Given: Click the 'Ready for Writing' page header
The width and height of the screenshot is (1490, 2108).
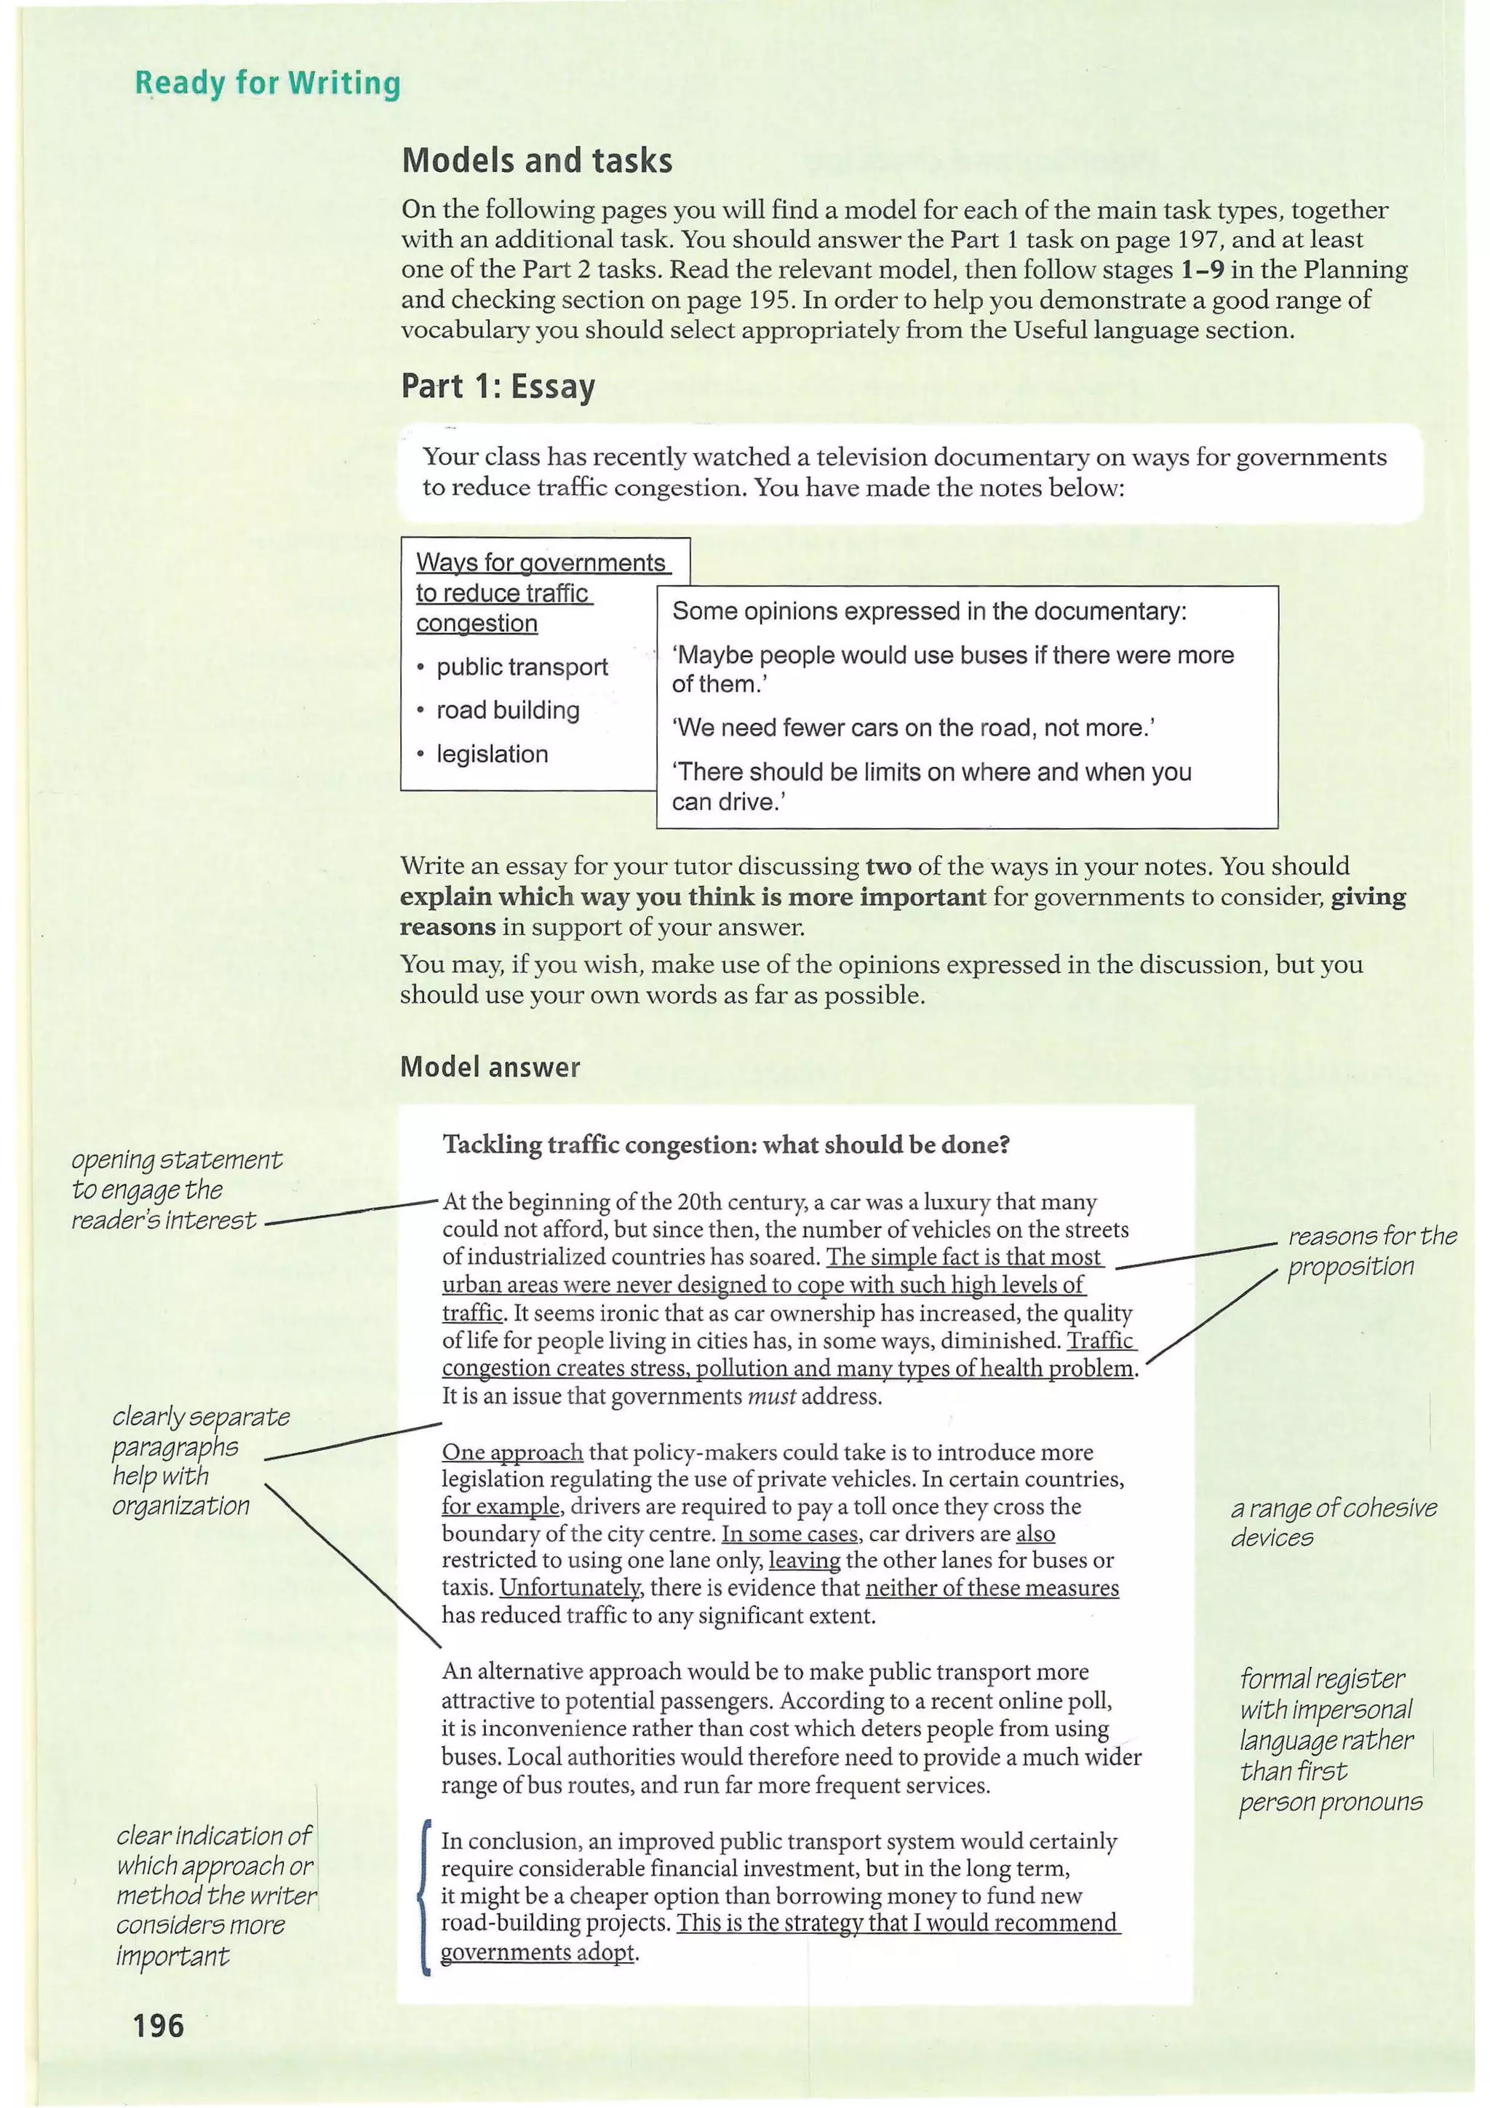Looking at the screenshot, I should pyautogui.click(x=267, y=83).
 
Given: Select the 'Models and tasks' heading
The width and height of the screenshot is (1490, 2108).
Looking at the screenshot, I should pyautogui.click(x=537, y=161).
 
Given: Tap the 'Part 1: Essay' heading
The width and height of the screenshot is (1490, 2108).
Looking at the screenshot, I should pyautogui.click(x=498, y=386).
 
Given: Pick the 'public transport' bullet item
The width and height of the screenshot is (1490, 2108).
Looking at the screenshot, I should pyautogui.click(x=522, y=667).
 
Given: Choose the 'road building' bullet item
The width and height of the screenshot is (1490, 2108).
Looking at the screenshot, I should pyautogui.click(x=508, y=711).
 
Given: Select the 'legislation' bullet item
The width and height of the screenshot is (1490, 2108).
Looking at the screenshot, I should pyautogui.click(x=492, y=755).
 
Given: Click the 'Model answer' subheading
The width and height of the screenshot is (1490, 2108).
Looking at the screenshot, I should pyautogui.click(x=490, y=1067).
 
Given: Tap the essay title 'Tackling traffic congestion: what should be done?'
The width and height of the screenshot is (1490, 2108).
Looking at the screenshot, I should pyautogui.click(x=726, y=1145).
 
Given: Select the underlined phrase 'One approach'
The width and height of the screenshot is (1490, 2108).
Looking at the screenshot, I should pyautogui.click(x=512, y=1452).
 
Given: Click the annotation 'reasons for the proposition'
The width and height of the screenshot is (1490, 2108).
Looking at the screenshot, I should pyautogui.click(x=1371, y=1251).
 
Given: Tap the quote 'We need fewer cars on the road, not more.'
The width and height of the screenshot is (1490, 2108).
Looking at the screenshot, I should pyautogui.click(x=912, y=728).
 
